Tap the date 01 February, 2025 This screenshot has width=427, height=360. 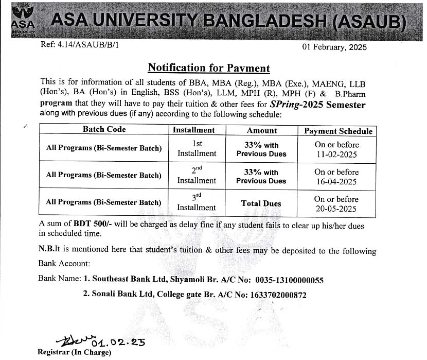(334, 47)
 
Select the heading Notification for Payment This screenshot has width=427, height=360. (208, 68)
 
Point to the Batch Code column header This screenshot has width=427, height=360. (104, 130)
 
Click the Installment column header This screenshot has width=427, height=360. (193, 130)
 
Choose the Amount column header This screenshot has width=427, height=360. (261, 131)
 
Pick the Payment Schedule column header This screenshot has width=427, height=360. (338, 131)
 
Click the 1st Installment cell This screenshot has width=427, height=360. (197, 149)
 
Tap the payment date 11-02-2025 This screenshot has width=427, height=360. (336, 154)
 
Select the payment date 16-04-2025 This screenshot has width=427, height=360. (336, 181)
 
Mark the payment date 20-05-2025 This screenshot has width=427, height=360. (336, 209)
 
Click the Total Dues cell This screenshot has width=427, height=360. (261, 203)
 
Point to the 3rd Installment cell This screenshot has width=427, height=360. (197, 203)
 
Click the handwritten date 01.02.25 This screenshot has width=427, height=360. (118, 342)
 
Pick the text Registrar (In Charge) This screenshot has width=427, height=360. (74, 353)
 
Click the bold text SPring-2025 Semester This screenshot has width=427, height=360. (317, 105)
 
